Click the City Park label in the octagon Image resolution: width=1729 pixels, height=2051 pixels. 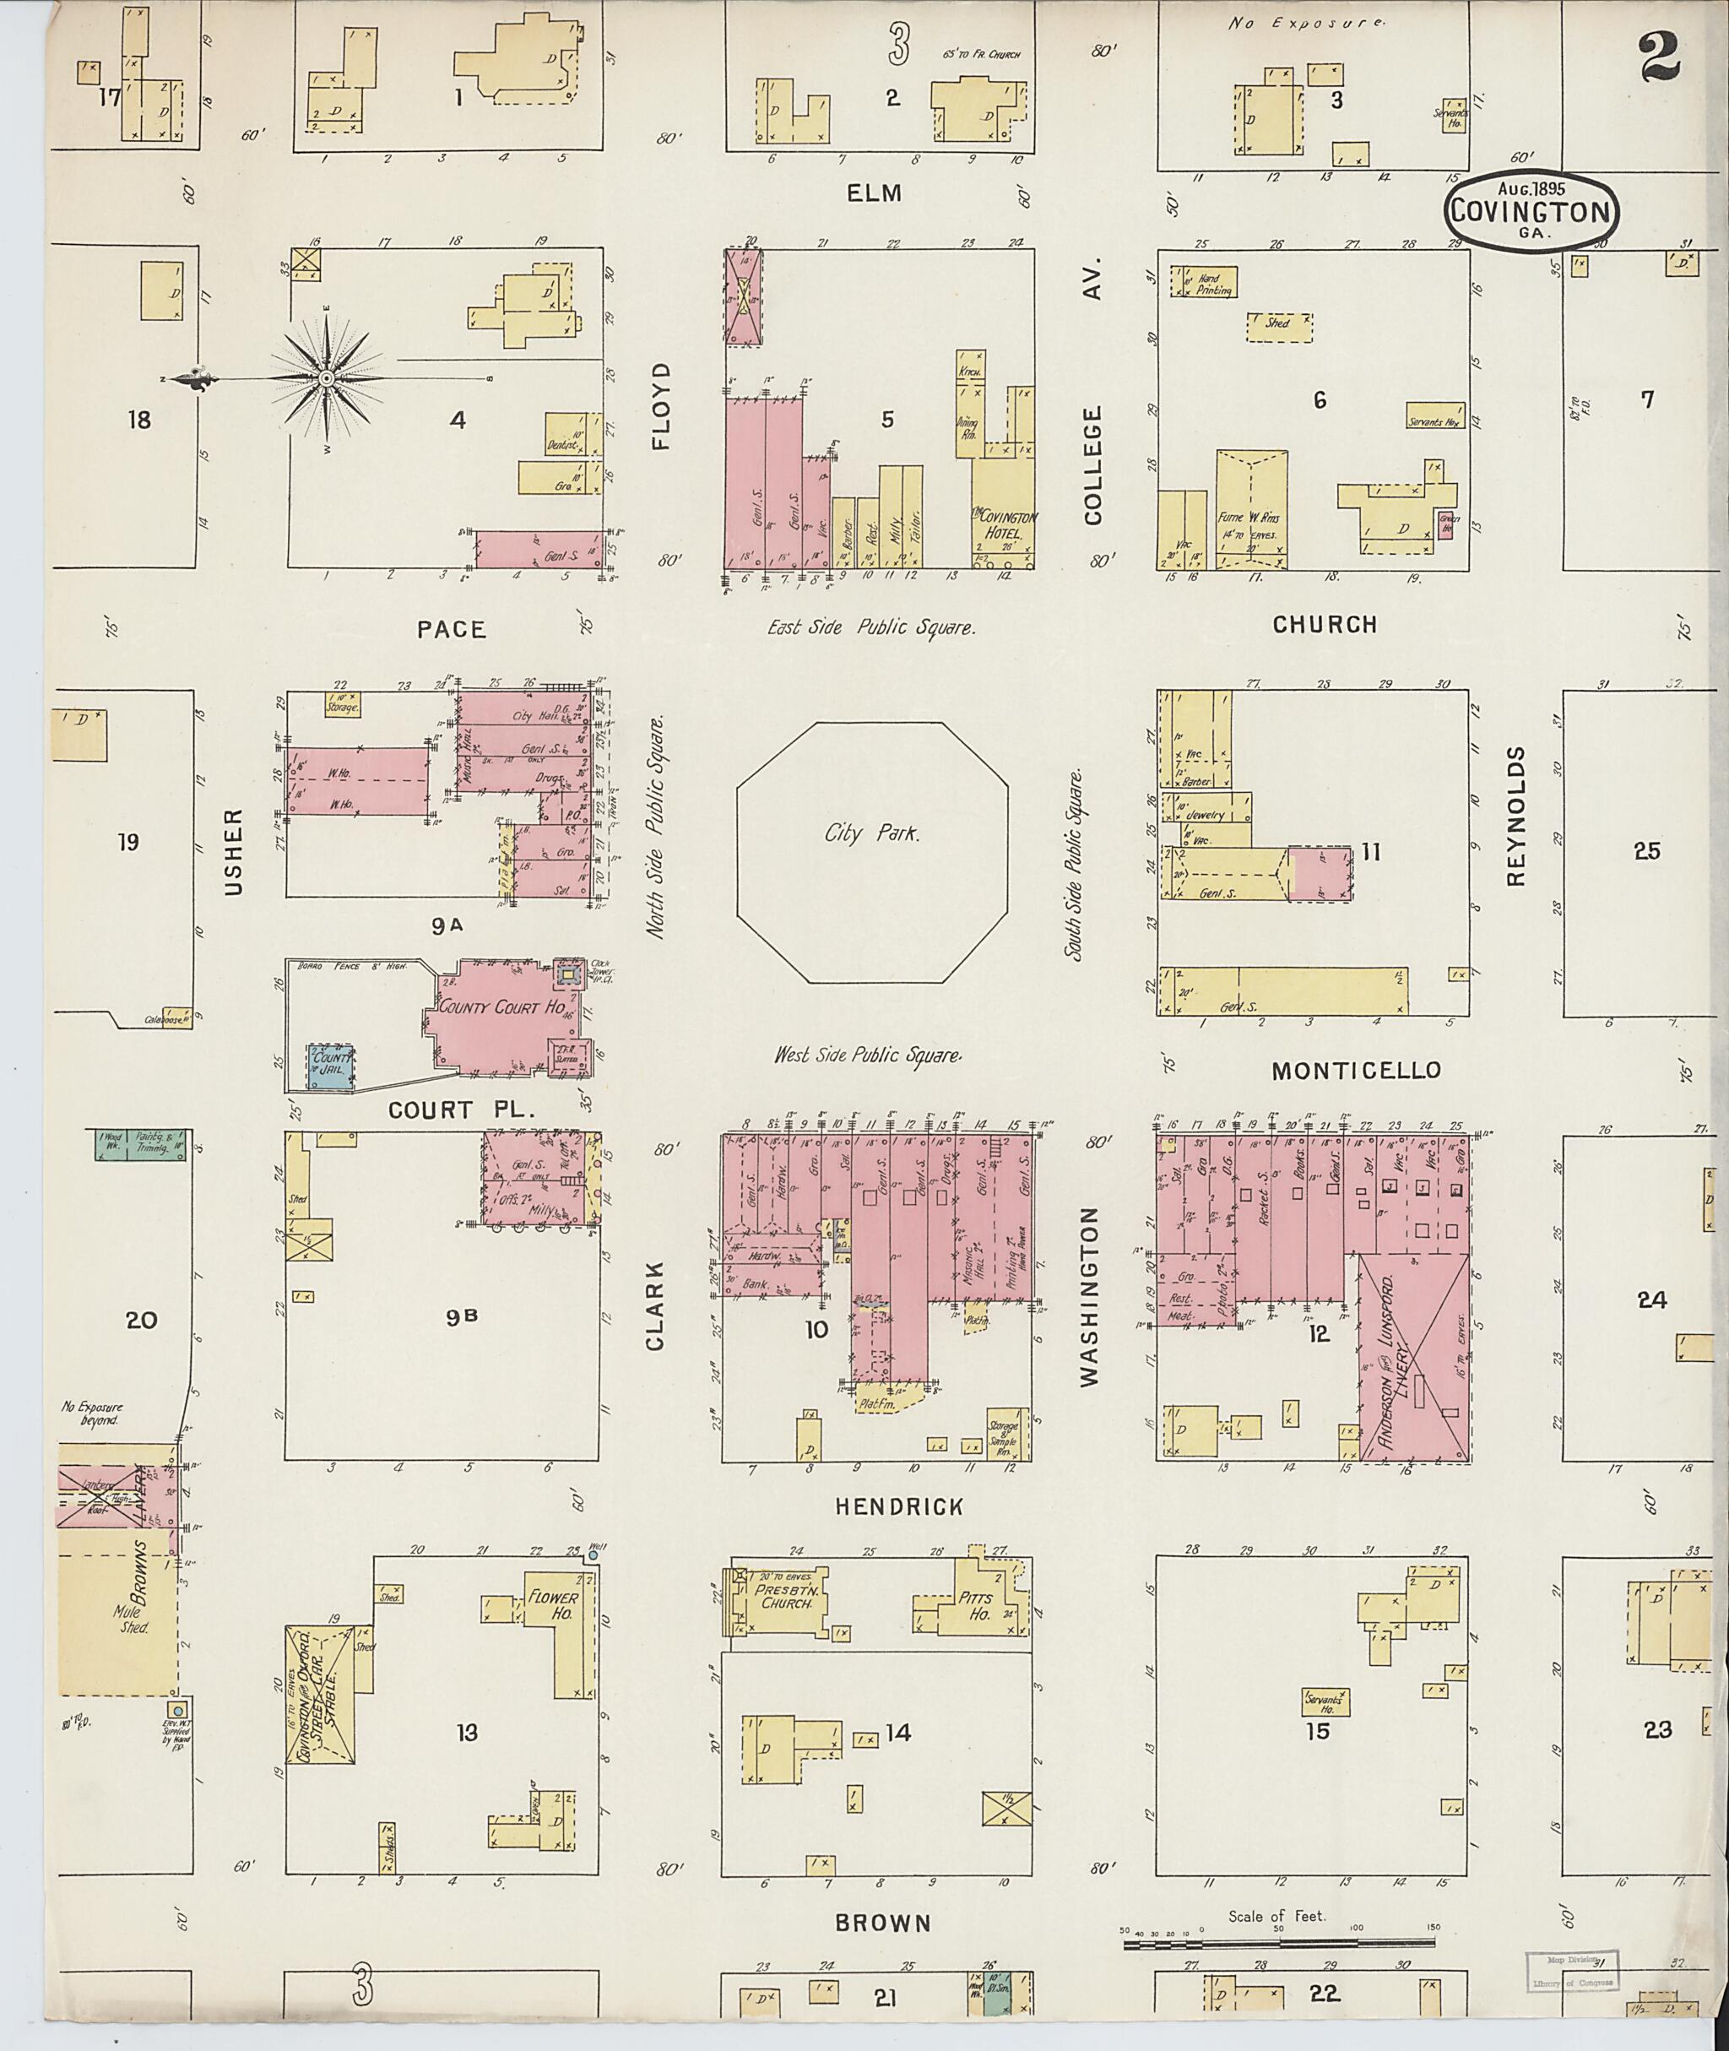pyautogui.click(x=871, y=834)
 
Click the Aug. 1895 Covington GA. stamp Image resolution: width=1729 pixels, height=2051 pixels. pyautogui.click(x=1530, y=209)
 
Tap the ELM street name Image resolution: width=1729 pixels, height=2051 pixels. pyautogui.click(x=875, y=193)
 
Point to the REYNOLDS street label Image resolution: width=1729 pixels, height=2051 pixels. pyautogui.click(x=1516, y=816)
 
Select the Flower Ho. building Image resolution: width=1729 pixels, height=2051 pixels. pyautogui.click(x=554, y=1606)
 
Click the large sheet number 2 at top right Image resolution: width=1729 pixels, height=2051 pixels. pyautogui.click(x=1661, y=57)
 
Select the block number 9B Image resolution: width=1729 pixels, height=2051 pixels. pyautogui.click(x=461, y=1318)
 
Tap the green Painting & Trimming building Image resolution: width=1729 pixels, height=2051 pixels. pyautogui.click(x=144, y=1145)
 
